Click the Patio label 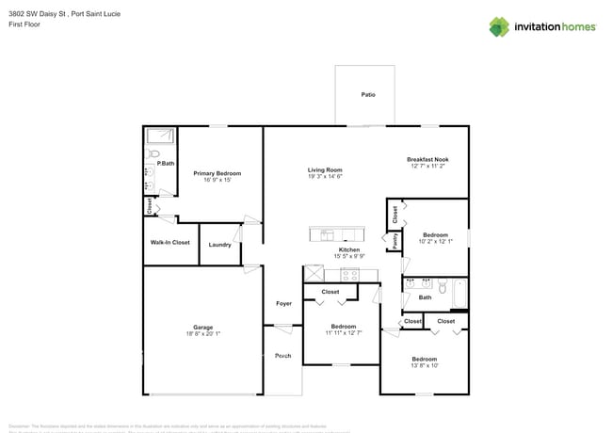[x=368, y=94]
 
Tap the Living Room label [x=325, y=169]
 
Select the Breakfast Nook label [x=427, y=159]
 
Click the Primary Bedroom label [x=217, y=173]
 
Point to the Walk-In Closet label [x=169, y=243]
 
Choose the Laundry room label [x=220, y=245]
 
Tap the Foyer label [x=283, y=303]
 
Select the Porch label [x=282, y=356]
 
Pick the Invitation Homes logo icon [x=499, y=26]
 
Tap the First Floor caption [x=24, y=24]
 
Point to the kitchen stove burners [x=349, y=275]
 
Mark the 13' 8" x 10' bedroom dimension [x=424, y=365]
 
